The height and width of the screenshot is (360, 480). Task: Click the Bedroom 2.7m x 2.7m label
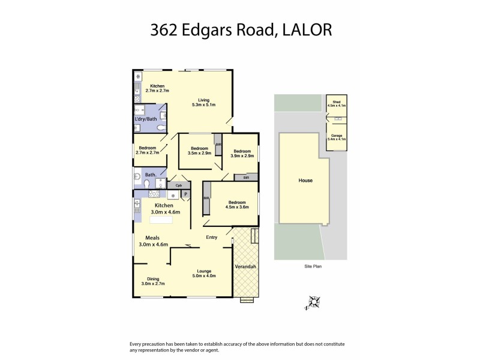point(147,151)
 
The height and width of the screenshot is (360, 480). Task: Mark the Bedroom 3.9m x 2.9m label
point(242,154)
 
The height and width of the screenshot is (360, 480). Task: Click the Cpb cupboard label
point(179,185)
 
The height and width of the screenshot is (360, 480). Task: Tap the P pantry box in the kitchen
point(186,194)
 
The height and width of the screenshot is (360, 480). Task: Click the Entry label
point(212,238)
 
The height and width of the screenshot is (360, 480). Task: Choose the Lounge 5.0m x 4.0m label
point(204,273)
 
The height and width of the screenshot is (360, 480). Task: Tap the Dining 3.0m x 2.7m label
point(153,281)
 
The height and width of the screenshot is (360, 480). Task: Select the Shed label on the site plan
point(337,104)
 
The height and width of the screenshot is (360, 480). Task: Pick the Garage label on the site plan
point(336,137)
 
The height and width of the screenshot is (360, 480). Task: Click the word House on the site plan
point(305,180)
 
